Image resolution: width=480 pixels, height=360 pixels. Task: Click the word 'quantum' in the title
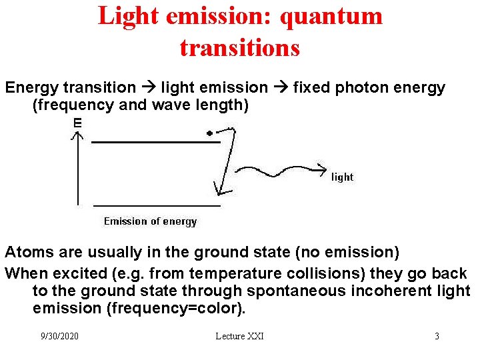point(331,16)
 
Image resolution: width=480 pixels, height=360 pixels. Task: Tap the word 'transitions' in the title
point(240,47)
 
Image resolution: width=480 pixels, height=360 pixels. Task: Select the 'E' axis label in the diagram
point(77,123)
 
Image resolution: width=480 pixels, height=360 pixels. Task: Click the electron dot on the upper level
point(209,133)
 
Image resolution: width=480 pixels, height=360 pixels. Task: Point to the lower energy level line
point(157,205)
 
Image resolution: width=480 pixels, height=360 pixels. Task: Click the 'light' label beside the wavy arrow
point(342,177)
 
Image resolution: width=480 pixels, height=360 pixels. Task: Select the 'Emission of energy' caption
point(150,221)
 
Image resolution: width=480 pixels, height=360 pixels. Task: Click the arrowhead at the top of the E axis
point(78,135)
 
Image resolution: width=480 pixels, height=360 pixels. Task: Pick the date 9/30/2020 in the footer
point(59,336)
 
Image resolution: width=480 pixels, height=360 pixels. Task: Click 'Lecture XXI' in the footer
point(239,336)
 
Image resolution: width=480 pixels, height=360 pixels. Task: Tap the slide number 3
point(437,336)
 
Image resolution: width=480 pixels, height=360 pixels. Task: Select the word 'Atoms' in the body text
point(27,252)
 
